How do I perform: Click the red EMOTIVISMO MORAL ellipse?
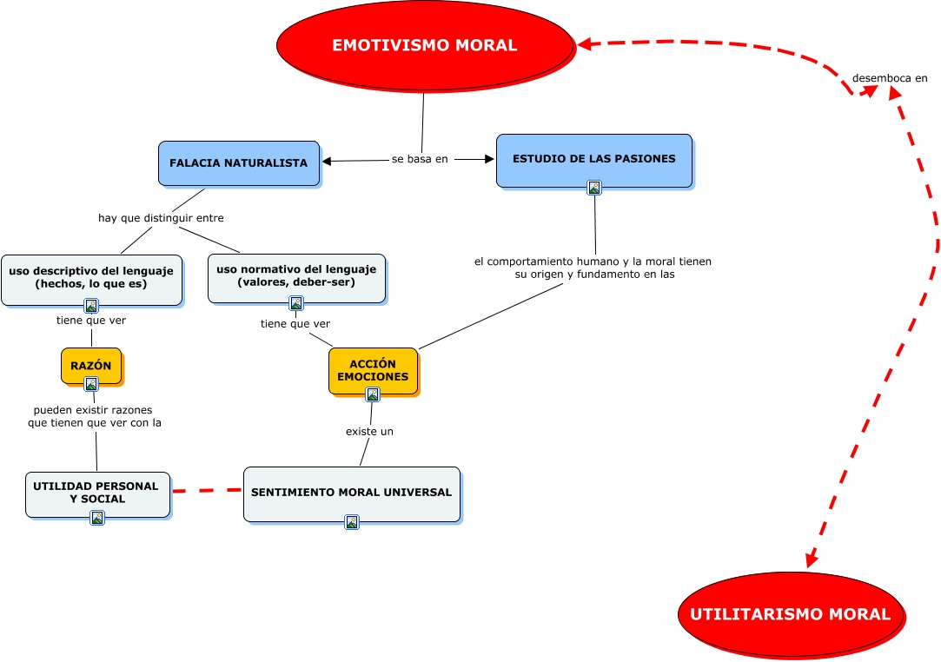click(x=424, y=45)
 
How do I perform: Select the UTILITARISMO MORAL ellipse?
click(x=790, y=614)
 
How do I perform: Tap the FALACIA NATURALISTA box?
click(x=238, y=162)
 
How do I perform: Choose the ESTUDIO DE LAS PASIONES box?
click(x=593, y=159)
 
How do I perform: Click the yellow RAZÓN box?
click(x=90, y=365)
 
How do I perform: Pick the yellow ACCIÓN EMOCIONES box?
click(x=373, y=370)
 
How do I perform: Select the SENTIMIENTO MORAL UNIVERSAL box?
click(x=351, y=493)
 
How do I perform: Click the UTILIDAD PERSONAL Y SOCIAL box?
click(x=96, y=493)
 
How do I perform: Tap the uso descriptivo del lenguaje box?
click(x=91, y=277)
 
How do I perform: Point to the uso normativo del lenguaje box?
click(x=296, y=275)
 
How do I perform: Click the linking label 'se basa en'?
click(x=420, y=159)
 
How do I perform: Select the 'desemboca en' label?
click(x=890, y=77)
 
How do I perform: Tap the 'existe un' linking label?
click(x=369, y=431)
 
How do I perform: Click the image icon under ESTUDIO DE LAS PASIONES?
click(x=594, y=187)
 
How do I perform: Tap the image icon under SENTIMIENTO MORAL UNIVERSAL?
click(x=352, y=522)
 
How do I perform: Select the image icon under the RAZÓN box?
click(x=90, y=384)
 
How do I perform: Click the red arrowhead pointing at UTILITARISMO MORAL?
click(x=811, y=560)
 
